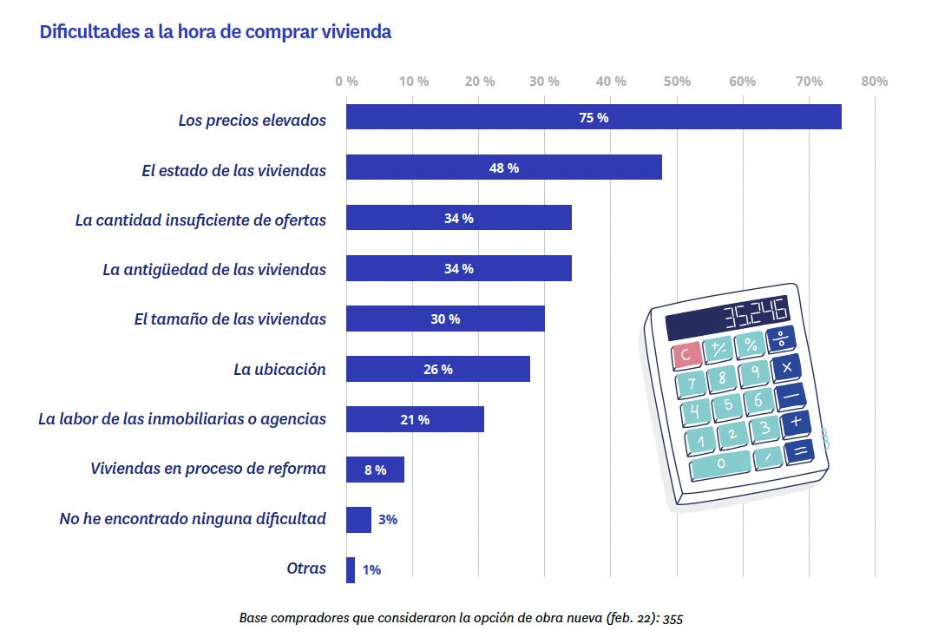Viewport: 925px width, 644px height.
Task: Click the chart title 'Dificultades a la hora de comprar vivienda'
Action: pos(215,32)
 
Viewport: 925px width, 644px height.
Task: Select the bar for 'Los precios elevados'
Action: pos(593,117)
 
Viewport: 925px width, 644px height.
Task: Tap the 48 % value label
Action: pos(503,168)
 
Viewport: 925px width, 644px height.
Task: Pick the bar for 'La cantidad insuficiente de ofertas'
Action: pos(458,218)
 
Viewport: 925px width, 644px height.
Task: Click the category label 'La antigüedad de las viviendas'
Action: pos(214,269)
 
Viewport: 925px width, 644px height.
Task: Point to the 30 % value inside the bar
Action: pos(445,319)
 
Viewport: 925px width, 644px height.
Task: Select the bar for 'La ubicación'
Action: pos(437,369)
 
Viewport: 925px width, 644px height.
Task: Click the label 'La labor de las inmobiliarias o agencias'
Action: pos(182,419)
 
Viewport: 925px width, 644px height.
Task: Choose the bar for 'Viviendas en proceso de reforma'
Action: pos(375,470)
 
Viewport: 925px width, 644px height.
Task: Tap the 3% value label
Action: pos(388,520)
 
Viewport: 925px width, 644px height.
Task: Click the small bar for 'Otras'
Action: pos(351,570)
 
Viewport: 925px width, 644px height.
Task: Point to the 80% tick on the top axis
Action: pos(875,81)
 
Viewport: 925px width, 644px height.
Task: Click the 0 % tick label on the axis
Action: pos(346,81)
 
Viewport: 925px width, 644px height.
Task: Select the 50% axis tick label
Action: pos(677,81)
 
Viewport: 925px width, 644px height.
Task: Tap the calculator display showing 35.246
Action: pos(727,317)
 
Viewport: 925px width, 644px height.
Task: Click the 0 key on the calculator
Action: pos(721,464)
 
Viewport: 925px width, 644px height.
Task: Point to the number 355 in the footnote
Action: pos(672,619)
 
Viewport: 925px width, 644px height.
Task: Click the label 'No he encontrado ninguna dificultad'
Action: pos(193,519)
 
